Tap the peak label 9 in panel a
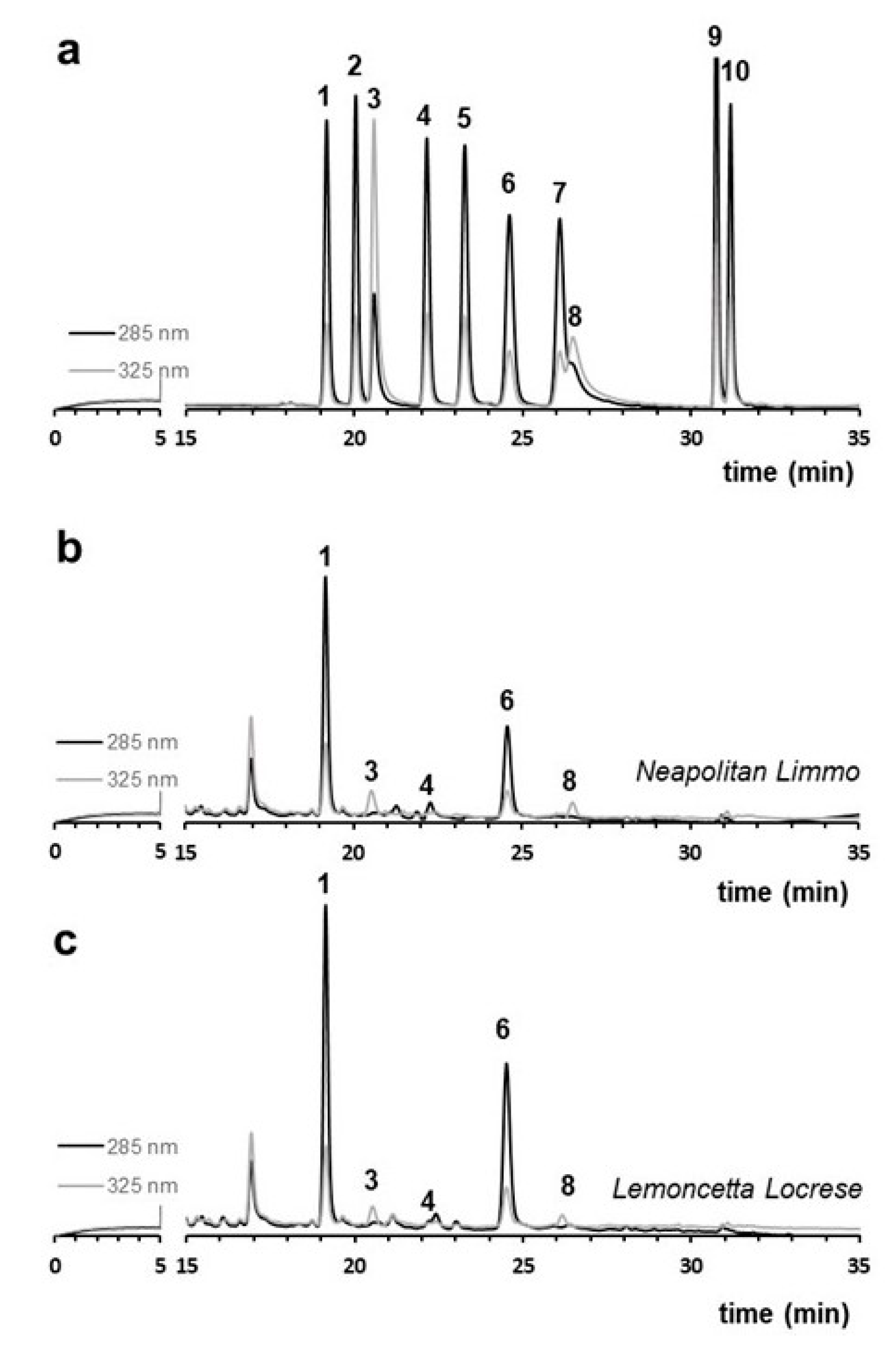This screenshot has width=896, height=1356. (x=714, y=37)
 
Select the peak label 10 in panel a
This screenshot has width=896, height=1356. (x=735, y=73)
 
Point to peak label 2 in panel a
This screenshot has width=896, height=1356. (x=355, y=67)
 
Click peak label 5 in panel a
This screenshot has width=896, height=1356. (x=464, y=119)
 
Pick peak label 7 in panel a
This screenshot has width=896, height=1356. (x=559, y=194)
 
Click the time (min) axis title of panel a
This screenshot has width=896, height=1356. (x=789, y=473)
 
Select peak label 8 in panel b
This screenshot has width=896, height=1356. (x=569, y=781)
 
